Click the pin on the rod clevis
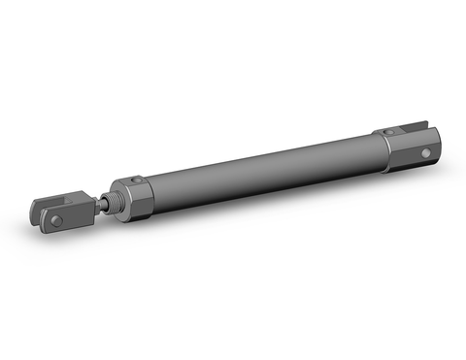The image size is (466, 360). click(x=56, y=220)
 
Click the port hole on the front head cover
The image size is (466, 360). click(x=139, y=178)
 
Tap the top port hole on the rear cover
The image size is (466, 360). click(x=389, y=132)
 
